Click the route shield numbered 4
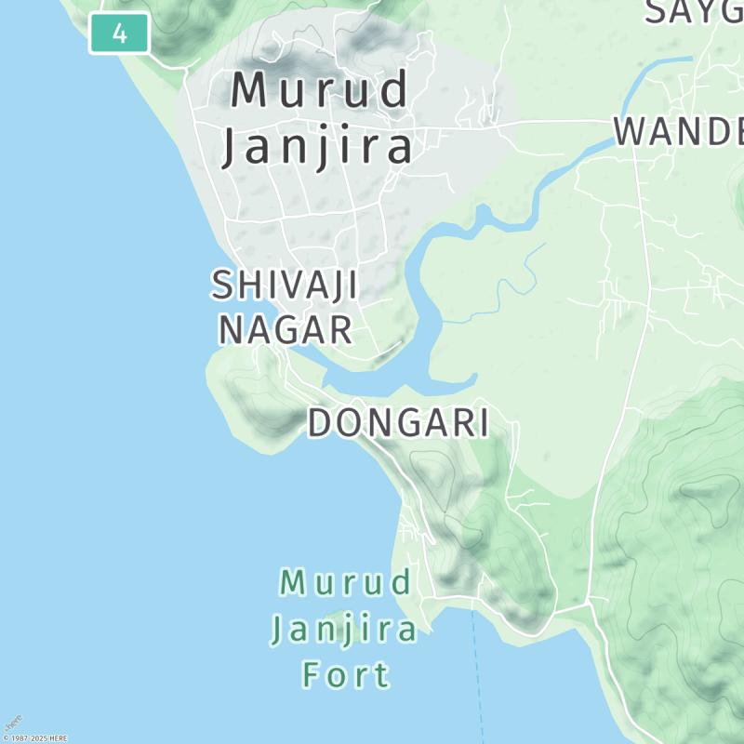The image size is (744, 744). tap(120, 34)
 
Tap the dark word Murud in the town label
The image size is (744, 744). tap(320, 91)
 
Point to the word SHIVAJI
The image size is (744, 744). tap(285, 286)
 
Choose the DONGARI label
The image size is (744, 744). tap(398, 423)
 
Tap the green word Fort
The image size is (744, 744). tap(346, 673)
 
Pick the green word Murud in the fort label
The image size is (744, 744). tap(346, 584)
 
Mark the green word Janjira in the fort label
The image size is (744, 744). tap(344, 630)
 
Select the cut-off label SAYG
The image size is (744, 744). tap(694, 11)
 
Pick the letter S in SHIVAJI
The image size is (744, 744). tap(222, 286)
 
